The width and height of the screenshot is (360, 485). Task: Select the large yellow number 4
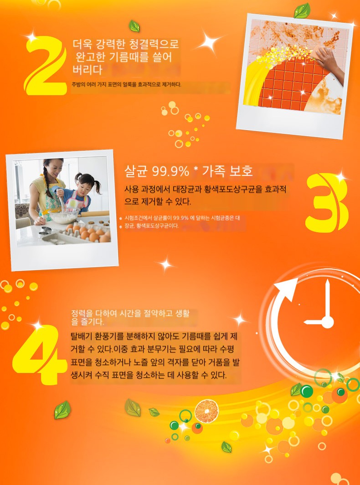coord(40,354)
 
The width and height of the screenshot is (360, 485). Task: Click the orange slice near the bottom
coord(206,411)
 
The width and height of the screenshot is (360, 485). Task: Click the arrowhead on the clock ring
coord(286,289)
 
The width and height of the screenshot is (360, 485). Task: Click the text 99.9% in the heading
coord(170,171)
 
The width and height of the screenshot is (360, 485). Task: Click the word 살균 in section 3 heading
coord(136,171)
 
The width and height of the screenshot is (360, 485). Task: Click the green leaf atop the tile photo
coord(302,11)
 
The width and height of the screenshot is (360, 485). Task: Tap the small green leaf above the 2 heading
coord(134,26)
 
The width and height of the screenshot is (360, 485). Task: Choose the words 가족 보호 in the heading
coord(227,171)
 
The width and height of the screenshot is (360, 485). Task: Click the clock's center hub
coord(328,322)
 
